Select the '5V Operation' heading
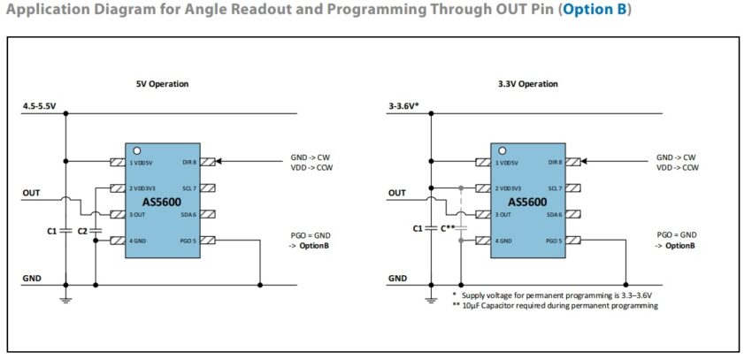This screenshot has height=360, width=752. point(162,84)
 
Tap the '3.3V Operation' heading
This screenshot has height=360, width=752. point(527,84)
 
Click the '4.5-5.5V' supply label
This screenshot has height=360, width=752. point(39,106)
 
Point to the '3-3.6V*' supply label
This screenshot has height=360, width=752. point(403,106)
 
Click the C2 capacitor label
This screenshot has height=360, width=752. point(82,231)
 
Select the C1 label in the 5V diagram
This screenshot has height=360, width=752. point(52,231)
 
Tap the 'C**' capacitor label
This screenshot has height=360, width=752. point(447,228)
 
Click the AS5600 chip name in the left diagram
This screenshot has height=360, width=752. point(162,202)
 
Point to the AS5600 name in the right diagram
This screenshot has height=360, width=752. point(527,202)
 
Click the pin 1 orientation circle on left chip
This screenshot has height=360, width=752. point(136,151)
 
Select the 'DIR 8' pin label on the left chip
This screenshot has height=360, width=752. point(190,163)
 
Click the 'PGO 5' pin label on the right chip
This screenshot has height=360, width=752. point(554,241)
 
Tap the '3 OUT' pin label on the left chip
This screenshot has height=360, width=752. point(136,215)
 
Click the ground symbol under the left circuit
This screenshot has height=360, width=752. point(65,300)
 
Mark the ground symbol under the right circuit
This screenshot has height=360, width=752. point(431,300)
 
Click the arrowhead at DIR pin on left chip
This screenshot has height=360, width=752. point(219,162)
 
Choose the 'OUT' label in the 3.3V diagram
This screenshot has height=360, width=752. point(396,193)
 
